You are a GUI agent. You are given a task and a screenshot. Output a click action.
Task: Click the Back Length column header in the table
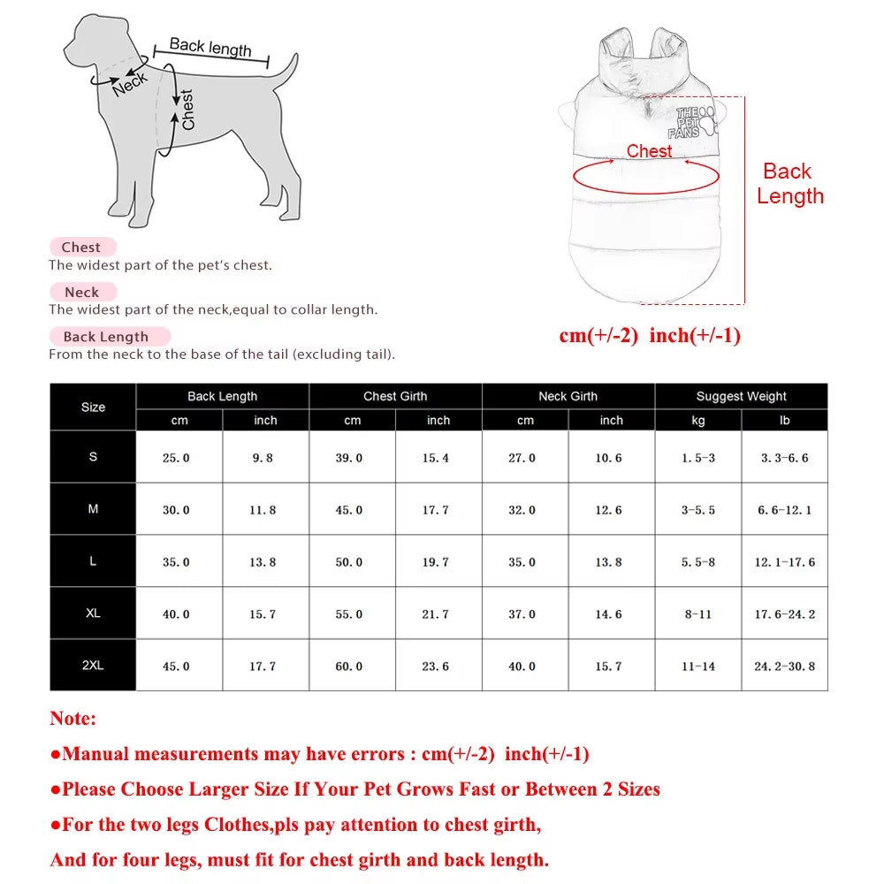click(x=222, y=396)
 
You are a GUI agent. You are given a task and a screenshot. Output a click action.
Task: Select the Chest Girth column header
click(x=395, y=396)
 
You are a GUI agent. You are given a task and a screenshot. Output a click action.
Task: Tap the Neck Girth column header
click(x=568, y=396)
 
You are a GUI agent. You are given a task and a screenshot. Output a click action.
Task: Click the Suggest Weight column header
click(x=741, y=396)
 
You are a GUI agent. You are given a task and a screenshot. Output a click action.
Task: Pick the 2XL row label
click(x=93, y=665)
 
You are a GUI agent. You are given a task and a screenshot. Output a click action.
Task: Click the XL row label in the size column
click(x=93, y=613)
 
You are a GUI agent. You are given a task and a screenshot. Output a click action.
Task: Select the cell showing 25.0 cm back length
click(x=176, y=458)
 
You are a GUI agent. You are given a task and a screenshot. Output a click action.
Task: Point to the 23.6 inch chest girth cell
click(x=435, y=666)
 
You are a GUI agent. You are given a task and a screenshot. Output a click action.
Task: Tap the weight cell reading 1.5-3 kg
click(x=697, y=458)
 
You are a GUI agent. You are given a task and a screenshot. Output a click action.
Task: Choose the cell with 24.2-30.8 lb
click(x=784, y=666)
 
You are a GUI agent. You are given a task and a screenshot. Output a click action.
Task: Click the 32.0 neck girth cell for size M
click(x=522, y=510)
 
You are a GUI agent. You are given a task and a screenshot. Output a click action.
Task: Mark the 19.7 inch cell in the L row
click(x=435, y=562)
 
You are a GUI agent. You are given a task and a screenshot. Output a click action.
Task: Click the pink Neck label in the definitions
click(x=81, y=292)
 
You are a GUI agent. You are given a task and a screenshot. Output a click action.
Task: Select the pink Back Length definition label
click(x=106, y=337)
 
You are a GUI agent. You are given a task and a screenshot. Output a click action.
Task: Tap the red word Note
click(x=72, y=719)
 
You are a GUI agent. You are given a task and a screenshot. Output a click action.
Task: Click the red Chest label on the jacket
click(x=649, y=151)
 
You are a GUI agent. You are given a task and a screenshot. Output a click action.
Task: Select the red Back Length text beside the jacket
click(x=789, y=184)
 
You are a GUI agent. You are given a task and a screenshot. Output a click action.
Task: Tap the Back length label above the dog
click(x=210, y=47)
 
